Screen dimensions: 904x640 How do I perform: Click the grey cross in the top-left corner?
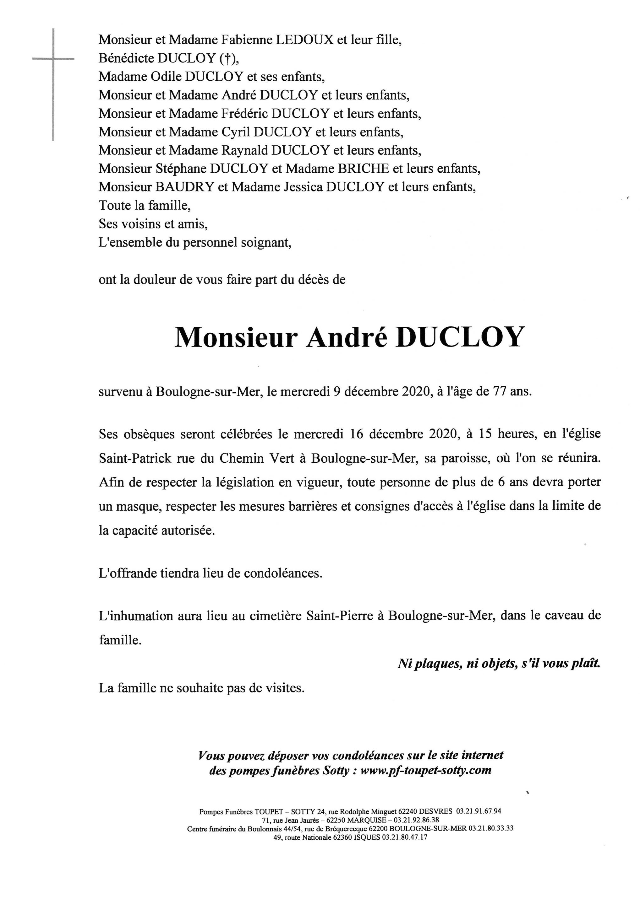(53, 59)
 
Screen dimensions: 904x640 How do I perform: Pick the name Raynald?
(244, 150)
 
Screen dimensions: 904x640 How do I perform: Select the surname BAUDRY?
(185, 187)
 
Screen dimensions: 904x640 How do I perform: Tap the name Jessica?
(303, 187)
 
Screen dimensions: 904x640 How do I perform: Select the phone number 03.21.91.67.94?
(479, 811)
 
